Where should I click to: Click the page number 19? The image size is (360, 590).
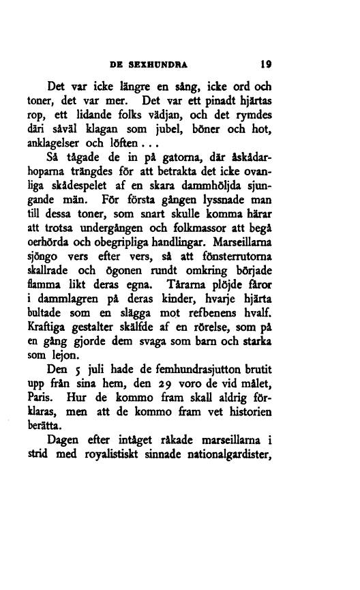266,66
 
